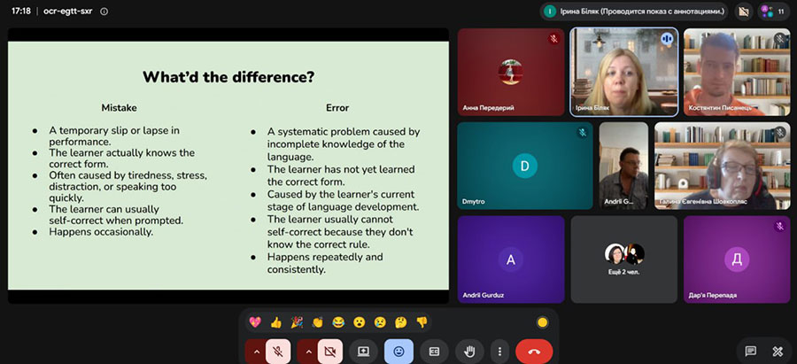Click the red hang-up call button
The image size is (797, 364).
[x=534, y=352]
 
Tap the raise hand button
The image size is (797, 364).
[x=469, y=352]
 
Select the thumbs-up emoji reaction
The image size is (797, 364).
[x=276, y=321]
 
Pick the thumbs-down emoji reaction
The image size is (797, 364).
[x=422, y=321]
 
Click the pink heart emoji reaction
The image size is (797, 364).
[x=255, y=321]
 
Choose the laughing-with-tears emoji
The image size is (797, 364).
[x=338, y=321]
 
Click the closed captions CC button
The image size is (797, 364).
[x=434, y=352]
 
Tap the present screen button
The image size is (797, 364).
[x=363, y=352]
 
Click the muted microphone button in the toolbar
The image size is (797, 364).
[x=277, y=352]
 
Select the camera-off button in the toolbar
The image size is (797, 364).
[x=330, y=352]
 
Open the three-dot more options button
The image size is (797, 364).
[x=500, y=352]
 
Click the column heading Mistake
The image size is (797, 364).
[x=119, y=108]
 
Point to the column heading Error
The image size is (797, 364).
[x=337, y=108]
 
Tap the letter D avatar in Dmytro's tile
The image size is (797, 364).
[x=525, y=166]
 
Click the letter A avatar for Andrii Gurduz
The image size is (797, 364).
[x=511, y=259]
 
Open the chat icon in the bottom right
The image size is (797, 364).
[x=751, y=352]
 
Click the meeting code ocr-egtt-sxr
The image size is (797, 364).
[x=68, y=12]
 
